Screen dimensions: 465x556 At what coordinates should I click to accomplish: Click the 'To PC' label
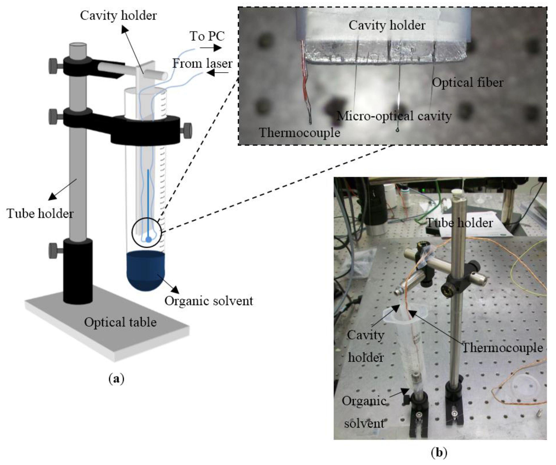click(207, 36)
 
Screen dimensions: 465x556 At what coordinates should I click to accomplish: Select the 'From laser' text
click(202, 64)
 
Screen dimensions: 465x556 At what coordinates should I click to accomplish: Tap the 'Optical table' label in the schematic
click(120, 322)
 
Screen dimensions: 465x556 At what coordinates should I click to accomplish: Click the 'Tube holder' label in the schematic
click(40, 213)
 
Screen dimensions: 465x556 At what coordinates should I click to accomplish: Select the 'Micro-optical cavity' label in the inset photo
click(394, 116)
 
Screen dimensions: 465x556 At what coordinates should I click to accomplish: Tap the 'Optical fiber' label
click(468, 83)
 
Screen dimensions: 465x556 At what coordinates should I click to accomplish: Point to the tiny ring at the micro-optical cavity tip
click(397, 130)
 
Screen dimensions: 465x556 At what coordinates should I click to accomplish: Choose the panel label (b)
click(439, 452)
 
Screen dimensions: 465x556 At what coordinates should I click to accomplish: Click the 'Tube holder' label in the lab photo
click(460, 223)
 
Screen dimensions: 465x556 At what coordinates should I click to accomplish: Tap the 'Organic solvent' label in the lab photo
click(364, 412)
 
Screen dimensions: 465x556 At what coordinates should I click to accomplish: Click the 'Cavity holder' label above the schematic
click(118, 16)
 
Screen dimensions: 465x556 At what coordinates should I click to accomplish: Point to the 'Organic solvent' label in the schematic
click(209, 301)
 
